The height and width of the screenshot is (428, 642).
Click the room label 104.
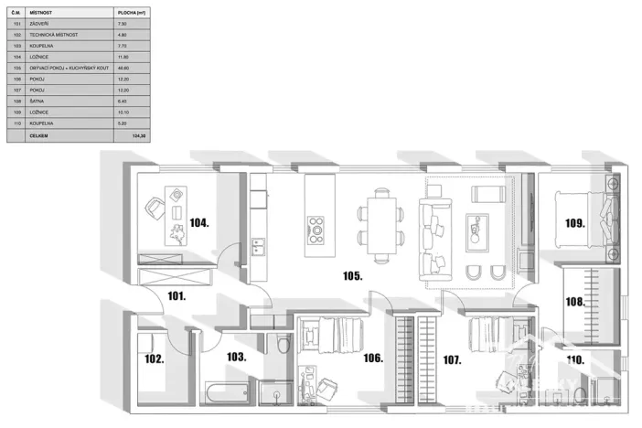click(x=201, y=222)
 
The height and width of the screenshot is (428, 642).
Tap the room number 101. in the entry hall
click(x=177, y=295)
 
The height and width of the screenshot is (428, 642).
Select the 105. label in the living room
click(x=353, y=274)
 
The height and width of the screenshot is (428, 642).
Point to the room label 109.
click(x=574, y=222)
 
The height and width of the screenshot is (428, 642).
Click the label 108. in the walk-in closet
click(x=574, y=301)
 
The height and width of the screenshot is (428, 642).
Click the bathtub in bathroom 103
click(x=225, y=396)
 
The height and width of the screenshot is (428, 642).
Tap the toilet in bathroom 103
click(x=283, y=347)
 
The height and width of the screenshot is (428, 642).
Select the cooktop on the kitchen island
click(x=316, y=225)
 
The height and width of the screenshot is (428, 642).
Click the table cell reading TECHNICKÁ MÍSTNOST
click(x=54, y=35)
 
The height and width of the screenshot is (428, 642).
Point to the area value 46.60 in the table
click(x=123, y=68)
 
